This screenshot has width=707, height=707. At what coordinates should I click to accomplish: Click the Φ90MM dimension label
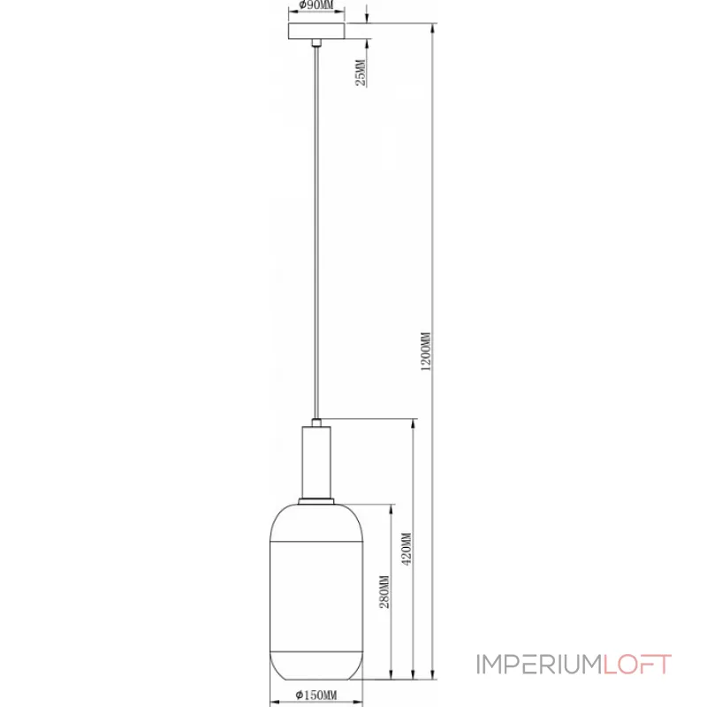[x=315, y=6]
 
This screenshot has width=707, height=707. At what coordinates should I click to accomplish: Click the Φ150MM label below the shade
[x=315, y=696]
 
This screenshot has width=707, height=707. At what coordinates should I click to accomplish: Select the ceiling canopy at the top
[x=315, y=32]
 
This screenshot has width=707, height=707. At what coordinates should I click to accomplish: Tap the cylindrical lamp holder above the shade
[x=315, y=460]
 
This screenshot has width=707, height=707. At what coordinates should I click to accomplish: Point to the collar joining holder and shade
[x=315, y=501]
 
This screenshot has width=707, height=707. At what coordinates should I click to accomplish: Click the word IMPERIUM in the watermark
[x=538, y=664]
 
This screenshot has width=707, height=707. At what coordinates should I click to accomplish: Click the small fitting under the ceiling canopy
[x=315, y=44]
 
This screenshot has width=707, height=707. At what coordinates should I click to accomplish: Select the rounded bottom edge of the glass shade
[x=315, y=679]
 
